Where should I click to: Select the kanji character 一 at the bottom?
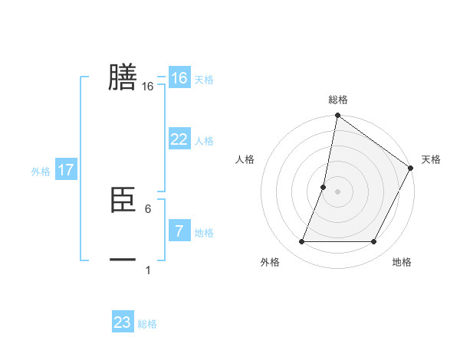click(x=123, y=260)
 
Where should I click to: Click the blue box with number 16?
click(x=179, y=78)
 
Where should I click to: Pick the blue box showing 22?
click(x=179, y=139)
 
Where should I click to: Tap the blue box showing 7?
click(x=179, y=231)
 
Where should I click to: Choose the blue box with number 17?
click(x=65, y=170)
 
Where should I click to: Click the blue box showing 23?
click(x=123, y=322)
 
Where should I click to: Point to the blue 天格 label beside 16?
click(x=203, y=80)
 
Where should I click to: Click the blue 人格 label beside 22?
click(x=203, y=141)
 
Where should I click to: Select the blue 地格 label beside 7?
click(x=203, y=233)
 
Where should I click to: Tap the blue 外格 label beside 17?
click(x=41, y=172)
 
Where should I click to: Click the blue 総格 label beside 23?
click(x=147, y=324)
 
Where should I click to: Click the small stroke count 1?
click(x=147, y=270)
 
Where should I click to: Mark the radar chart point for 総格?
click(x=337, y=116)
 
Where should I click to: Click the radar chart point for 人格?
click(x=324, y=187)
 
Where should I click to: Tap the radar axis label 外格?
click(x=270, y=262)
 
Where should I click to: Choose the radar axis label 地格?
click(x=402, y=262)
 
